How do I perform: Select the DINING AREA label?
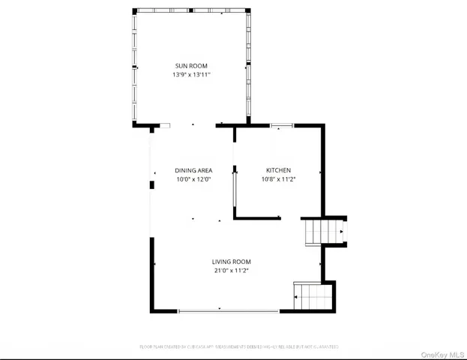[x=193, y=171]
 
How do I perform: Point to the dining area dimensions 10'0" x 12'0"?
[x=193, y=180]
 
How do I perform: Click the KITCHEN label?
[x=279, y=171]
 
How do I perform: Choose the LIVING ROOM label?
[x=231, y=262]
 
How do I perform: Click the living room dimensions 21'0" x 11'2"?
[x=231, y=271]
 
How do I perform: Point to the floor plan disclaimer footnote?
[x=239, y=346]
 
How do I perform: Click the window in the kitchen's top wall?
[x=282, y=125]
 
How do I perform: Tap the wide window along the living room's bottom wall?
[x=229, y=310]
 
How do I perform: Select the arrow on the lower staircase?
[x=298, y=298]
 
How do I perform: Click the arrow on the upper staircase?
[x=341, y=232]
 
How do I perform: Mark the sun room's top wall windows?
[x=192, y=10]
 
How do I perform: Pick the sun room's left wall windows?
[x=135, y=67]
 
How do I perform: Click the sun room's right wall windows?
[x=248, y=67]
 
